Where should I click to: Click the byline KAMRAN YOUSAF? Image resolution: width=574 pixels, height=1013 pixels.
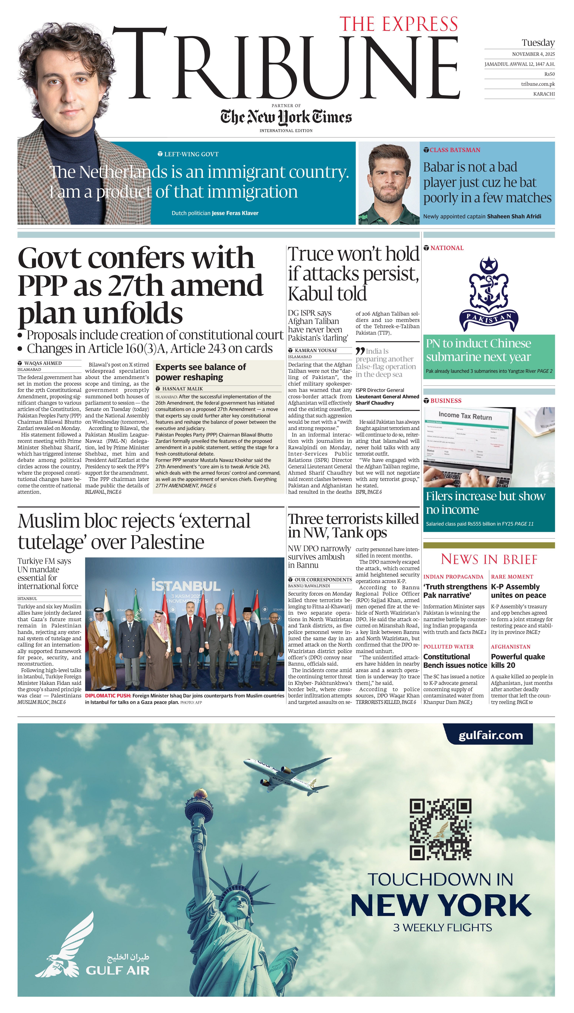tap(316, 350)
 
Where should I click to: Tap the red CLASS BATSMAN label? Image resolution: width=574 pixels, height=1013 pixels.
tap(455, 150)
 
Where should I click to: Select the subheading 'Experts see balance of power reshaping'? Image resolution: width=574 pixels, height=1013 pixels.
tap(201, 372)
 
